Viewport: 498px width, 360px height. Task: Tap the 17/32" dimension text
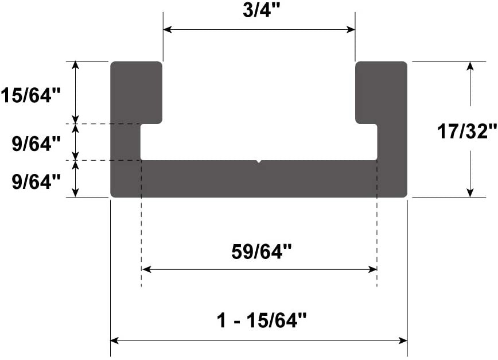(x=466, y=131)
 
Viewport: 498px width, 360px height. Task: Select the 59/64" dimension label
(x=258, y=251)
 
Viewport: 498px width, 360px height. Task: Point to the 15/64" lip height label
(x=30, y=95)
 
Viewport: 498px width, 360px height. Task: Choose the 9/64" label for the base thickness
(x=36, y=181)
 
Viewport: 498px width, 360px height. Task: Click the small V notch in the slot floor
(x=259, y=161)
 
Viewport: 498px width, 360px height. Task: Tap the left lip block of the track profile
(x=136, y=92)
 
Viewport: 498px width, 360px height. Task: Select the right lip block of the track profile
(x=381, y=92)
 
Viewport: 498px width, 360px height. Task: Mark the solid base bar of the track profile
(x=259, y=179)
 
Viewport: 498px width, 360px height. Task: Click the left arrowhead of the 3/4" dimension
(x=168, y=29)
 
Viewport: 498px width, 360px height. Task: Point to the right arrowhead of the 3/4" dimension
(x=351, y=29)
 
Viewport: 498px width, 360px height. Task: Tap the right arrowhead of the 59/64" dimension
(x=372, y=269)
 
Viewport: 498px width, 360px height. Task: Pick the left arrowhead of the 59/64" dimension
(x=146, y=269)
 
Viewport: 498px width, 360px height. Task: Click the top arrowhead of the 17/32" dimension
(x=470, y=66)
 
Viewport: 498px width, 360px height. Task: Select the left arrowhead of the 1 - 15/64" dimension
(x=115, y=340)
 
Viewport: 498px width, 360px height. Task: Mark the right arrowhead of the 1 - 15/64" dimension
(x=403, y=340)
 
